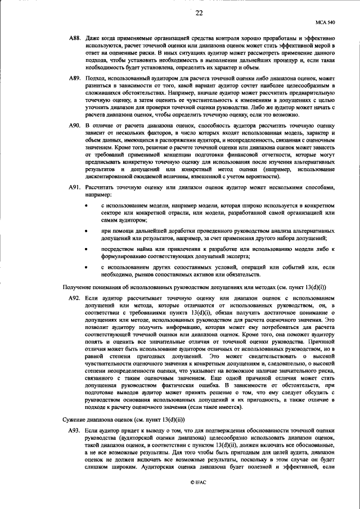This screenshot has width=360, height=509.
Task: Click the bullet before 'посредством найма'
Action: click(x=85, y=248)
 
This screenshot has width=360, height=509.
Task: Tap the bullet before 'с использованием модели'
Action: click(x=85, y=208)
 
